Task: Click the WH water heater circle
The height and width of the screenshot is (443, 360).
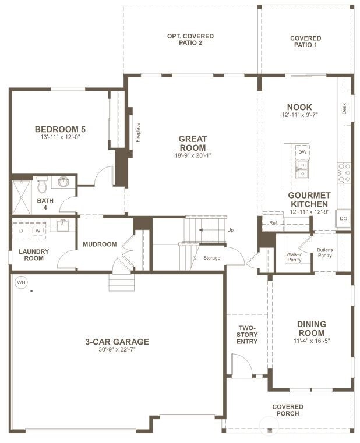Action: point(21,282)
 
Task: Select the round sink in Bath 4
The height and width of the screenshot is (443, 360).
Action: point(63,182)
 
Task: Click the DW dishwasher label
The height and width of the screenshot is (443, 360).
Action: point(302,152)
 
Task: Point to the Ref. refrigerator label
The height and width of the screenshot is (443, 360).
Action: point(273,223)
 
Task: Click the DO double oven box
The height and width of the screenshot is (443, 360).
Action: point(343,218)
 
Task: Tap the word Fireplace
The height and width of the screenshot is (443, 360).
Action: point(138,132)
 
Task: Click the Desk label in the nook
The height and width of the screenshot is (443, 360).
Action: point(344,108)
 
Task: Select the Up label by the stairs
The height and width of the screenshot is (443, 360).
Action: point(231,230)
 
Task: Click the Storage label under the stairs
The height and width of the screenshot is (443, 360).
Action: point(212,258)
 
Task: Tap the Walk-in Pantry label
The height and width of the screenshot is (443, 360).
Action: point(294,257)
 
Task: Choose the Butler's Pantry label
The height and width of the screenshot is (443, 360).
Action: point(324,253)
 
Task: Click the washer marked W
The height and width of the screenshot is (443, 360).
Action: point(38,231)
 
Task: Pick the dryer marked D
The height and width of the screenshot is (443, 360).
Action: point(21,231)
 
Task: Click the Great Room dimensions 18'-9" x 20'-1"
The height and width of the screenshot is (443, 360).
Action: point(193,155)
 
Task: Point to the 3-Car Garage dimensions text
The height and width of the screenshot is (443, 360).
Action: point(117,349)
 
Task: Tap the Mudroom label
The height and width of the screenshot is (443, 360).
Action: point(100,244)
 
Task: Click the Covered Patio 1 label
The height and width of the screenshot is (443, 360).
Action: point(306,41)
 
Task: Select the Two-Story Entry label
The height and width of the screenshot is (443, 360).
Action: point(247,335)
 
